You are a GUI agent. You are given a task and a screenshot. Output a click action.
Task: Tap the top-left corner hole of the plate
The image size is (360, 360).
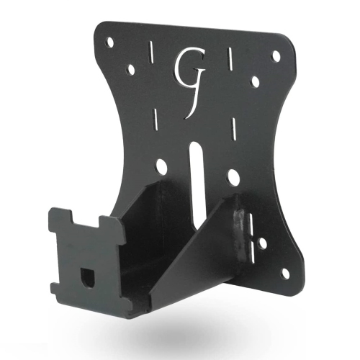tap(109, 42)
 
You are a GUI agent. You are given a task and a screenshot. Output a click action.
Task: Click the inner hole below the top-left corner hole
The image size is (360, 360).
tap(132, 70)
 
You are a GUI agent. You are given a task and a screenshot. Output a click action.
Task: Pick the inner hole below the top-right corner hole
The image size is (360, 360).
tap(254, 82)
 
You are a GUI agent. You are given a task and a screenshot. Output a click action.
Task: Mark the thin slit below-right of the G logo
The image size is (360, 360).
tap(234, 130)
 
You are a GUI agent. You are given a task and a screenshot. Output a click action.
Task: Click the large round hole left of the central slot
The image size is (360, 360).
tap(161, 167)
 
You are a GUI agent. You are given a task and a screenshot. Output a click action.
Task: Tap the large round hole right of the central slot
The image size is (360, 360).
tap(232, 175)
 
